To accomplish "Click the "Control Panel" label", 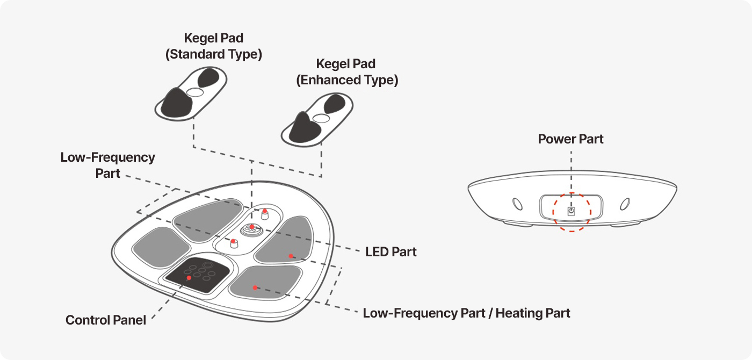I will coord(106,320).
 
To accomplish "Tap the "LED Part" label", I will coord(391,251).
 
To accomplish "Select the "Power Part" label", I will coord(570,139).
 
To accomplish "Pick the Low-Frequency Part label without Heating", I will coord(107,165).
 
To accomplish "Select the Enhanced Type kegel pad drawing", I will coord(317,119).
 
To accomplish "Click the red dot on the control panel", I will coord(189,278).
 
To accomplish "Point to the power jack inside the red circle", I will coord(572,211).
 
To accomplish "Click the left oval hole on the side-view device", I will coord(517,205).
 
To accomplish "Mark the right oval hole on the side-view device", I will coord(625,205).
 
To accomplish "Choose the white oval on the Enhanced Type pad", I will coord(321,118).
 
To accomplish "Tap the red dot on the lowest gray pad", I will coord(255,287).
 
